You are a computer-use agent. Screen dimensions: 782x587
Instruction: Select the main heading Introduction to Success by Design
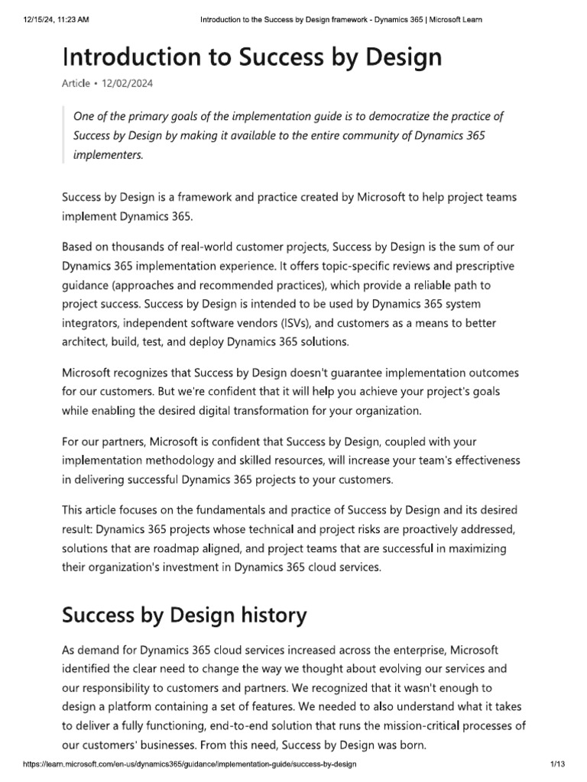tap(251, 58)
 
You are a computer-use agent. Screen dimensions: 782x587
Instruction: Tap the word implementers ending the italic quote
tap(108, 153)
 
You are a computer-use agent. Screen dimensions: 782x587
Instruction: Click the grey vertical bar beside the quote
tap(63, 135)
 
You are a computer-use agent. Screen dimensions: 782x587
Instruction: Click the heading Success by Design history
tap(184, 615)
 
